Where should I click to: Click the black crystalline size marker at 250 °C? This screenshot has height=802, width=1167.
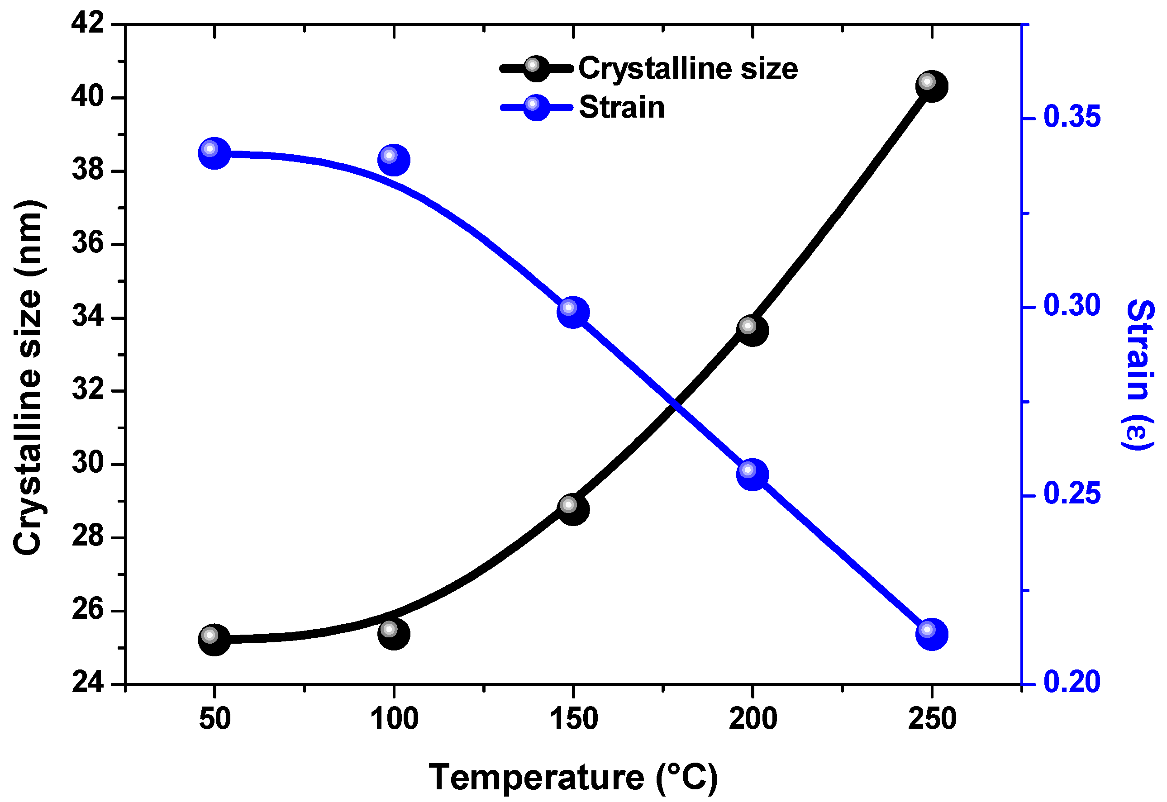point(932,86)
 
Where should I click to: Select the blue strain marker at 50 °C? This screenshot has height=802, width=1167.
point(214,153)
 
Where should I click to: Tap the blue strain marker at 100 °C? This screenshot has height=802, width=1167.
point(394,160)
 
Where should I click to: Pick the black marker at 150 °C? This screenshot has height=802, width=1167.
point(573,509)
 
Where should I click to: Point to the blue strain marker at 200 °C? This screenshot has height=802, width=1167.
point(753,475)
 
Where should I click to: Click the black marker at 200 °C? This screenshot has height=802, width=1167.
point(753,330)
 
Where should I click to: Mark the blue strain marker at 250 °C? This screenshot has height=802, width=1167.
point(932,634)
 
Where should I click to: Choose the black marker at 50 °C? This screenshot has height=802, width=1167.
point(214,640)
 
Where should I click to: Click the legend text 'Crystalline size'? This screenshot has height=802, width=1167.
point(687,69)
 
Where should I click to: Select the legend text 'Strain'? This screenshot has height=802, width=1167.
point(622,108)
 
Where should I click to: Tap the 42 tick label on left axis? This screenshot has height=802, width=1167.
point(87,24)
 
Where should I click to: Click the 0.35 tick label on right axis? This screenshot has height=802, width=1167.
point(1072,117)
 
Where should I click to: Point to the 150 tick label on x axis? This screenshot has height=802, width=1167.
point(573,719)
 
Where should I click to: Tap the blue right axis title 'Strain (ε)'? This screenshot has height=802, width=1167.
point(1139,375)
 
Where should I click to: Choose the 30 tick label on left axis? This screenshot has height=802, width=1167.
point(87,463)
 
